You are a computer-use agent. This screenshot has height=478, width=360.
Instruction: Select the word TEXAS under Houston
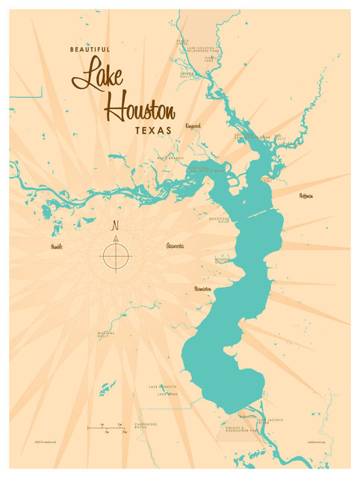pyautogui.click(x=153, y=130)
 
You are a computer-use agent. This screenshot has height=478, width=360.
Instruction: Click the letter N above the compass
pyautogui.click(x=115, y=226)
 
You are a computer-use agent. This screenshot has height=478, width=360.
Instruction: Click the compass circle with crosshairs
pyautogui.click(x=115, y=257)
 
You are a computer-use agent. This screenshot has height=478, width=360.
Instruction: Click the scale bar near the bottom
pyautogui.click(x=105, y=428)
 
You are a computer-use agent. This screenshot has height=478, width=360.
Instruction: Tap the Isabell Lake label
pyautogui.click(x=210, y=57)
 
